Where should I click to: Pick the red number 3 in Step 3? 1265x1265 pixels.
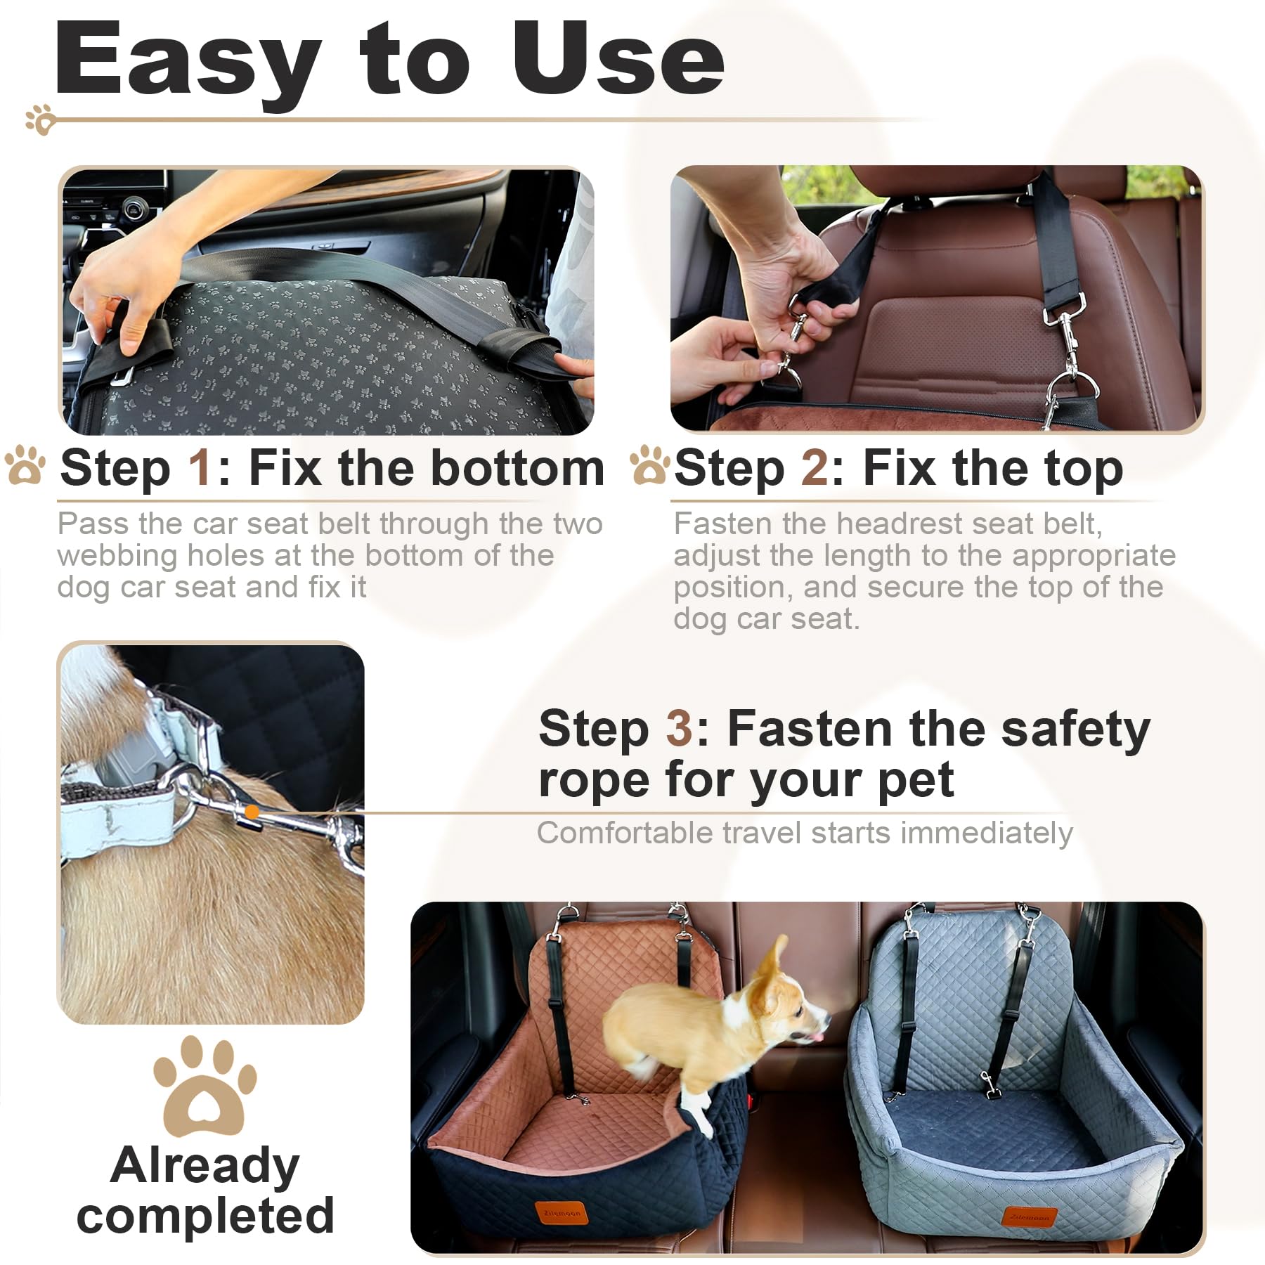click(x=679, y=729)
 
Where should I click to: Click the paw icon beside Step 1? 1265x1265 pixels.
click(x=25, y=465)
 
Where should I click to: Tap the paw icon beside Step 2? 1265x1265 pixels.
click(x=648, y=465)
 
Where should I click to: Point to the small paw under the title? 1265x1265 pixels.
click(x=40, y=120)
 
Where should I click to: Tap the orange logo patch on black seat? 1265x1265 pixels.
click(x=562, y=1213)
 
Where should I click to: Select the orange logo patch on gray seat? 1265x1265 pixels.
click(x=1029, y=1216)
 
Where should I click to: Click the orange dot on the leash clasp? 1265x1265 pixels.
click(x=252, y=812)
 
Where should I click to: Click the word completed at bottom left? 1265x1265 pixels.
click(x=205, y=1217)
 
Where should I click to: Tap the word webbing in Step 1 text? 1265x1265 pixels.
click(x=117, y=556)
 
